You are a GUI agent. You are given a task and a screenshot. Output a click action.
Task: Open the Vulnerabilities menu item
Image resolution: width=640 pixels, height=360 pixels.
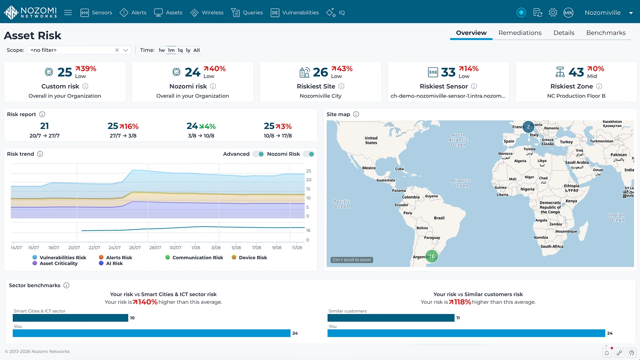(295, 13)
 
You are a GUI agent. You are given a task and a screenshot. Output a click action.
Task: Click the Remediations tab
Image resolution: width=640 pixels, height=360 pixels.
(520, 33)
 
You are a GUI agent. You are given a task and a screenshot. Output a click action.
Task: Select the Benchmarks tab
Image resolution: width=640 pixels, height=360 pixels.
(606, 33)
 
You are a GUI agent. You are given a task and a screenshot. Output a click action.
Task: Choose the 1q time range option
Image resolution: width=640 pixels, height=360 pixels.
(180, 50)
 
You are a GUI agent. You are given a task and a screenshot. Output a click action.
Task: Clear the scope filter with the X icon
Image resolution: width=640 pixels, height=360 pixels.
(117, 50)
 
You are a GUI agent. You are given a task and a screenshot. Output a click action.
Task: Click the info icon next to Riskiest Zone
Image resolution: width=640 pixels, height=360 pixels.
(599, 86)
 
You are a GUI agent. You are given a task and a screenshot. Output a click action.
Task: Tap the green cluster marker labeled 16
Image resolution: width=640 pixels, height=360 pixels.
(432, 256)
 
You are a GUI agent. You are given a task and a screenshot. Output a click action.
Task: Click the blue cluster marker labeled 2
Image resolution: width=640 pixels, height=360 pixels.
(528, 127)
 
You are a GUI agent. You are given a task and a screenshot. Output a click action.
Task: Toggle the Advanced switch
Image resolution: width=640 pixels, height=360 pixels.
(258, 154)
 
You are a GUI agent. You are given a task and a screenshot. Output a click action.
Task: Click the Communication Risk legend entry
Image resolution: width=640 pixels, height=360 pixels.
(194, 258)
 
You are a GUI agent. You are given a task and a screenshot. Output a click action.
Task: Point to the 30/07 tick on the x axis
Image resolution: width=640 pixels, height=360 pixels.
(175, 248)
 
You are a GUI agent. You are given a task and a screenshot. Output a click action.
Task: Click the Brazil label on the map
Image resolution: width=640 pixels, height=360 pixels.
(439, 218)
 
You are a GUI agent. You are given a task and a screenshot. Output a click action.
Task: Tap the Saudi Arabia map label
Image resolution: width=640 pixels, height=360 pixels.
(577, 163)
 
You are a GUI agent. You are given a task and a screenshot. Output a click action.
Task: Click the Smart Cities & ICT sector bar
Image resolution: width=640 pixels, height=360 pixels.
(70, 318)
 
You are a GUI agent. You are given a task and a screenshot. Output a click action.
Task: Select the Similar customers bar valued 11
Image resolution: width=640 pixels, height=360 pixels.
(391, 318)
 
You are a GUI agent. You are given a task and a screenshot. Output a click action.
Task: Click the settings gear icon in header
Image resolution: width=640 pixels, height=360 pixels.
(553, 13)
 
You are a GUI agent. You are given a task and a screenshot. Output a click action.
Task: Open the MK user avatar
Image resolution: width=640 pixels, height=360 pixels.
(568, 13)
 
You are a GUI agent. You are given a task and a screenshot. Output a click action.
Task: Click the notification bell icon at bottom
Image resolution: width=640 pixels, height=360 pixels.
(607, 353)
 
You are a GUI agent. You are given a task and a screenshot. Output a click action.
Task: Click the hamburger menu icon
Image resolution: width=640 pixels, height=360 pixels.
(68, 13)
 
